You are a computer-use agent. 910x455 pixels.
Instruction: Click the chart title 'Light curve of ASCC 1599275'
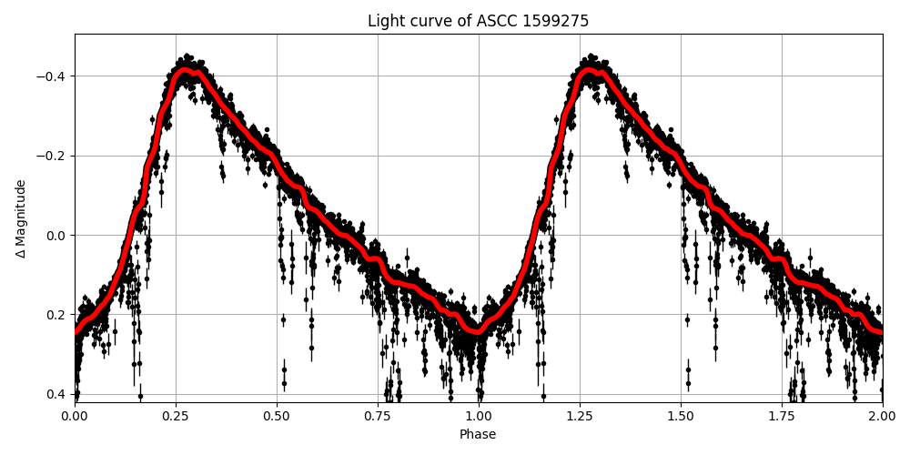pyautogui.click(x=478, y=21)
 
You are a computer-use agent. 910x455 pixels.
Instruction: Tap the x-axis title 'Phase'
pyautogui.click(x=478, y=435)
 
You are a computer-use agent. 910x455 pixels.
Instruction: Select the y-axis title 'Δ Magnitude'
pyautogui.click(x=21, y=218)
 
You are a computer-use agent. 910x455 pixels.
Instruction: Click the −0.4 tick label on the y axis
pyautogui.click(x=53, y=76)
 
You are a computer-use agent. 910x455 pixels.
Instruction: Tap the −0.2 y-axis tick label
pyautogui.click(x=53, y=156)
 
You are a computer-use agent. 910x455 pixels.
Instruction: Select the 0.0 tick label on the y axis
pyautogui.click(x=56, y=235)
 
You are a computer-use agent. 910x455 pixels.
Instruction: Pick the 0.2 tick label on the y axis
pyautogui.click(x=56, y=315)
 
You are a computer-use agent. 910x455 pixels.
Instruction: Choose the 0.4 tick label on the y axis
pyautogui.click(x=56, y=394)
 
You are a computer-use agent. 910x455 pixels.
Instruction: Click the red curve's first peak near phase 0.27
pyautogui.click(x=185, y=70)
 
